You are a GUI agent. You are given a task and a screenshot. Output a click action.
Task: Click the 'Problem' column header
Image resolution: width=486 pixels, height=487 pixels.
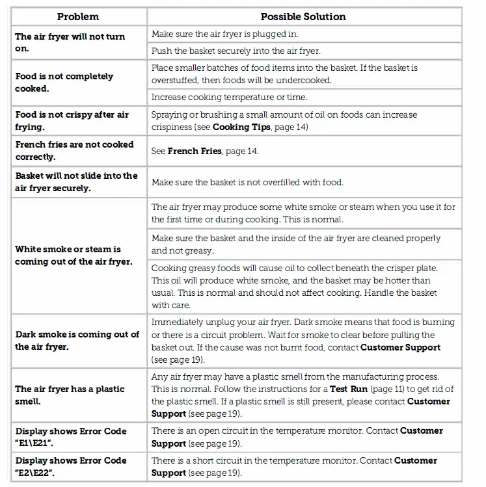(x=77, y=16)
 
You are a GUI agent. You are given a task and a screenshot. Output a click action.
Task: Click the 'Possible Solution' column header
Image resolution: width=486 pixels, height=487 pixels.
(x=303, y=16)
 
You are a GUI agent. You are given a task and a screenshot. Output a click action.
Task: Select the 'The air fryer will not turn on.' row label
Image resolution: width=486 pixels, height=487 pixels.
(x=70, y=42)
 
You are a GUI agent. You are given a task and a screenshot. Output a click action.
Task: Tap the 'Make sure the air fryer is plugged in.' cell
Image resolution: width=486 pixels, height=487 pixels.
(x=225, y=34)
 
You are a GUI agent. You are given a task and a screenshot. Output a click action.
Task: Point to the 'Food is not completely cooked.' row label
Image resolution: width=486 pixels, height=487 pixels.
(x=64, y=82)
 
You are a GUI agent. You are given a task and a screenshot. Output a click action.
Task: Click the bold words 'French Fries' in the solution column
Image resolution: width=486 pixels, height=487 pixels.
(x=195, y=151)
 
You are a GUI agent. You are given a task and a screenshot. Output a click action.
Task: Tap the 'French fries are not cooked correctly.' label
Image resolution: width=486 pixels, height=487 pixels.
(x=74, y=150)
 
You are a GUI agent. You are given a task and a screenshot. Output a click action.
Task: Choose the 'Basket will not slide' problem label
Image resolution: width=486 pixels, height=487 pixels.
(x=76, y=181)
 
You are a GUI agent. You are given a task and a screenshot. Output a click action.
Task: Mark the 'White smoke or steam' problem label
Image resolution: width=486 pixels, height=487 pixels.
(x=68, y=255)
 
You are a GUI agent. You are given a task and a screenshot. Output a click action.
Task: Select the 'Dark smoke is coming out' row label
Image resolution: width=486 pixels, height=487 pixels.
(x=77, y=340)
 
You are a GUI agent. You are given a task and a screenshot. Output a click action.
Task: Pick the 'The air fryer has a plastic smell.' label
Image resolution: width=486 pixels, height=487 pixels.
(x=70, y=395)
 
